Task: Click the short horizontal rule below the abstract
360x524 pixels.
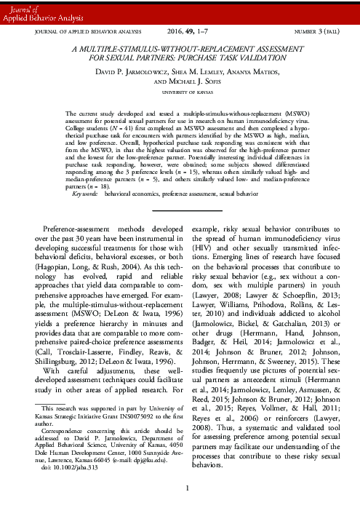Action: click(180, 209)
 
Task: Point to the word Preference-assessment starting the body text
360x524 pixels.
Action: click(76, 229)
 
